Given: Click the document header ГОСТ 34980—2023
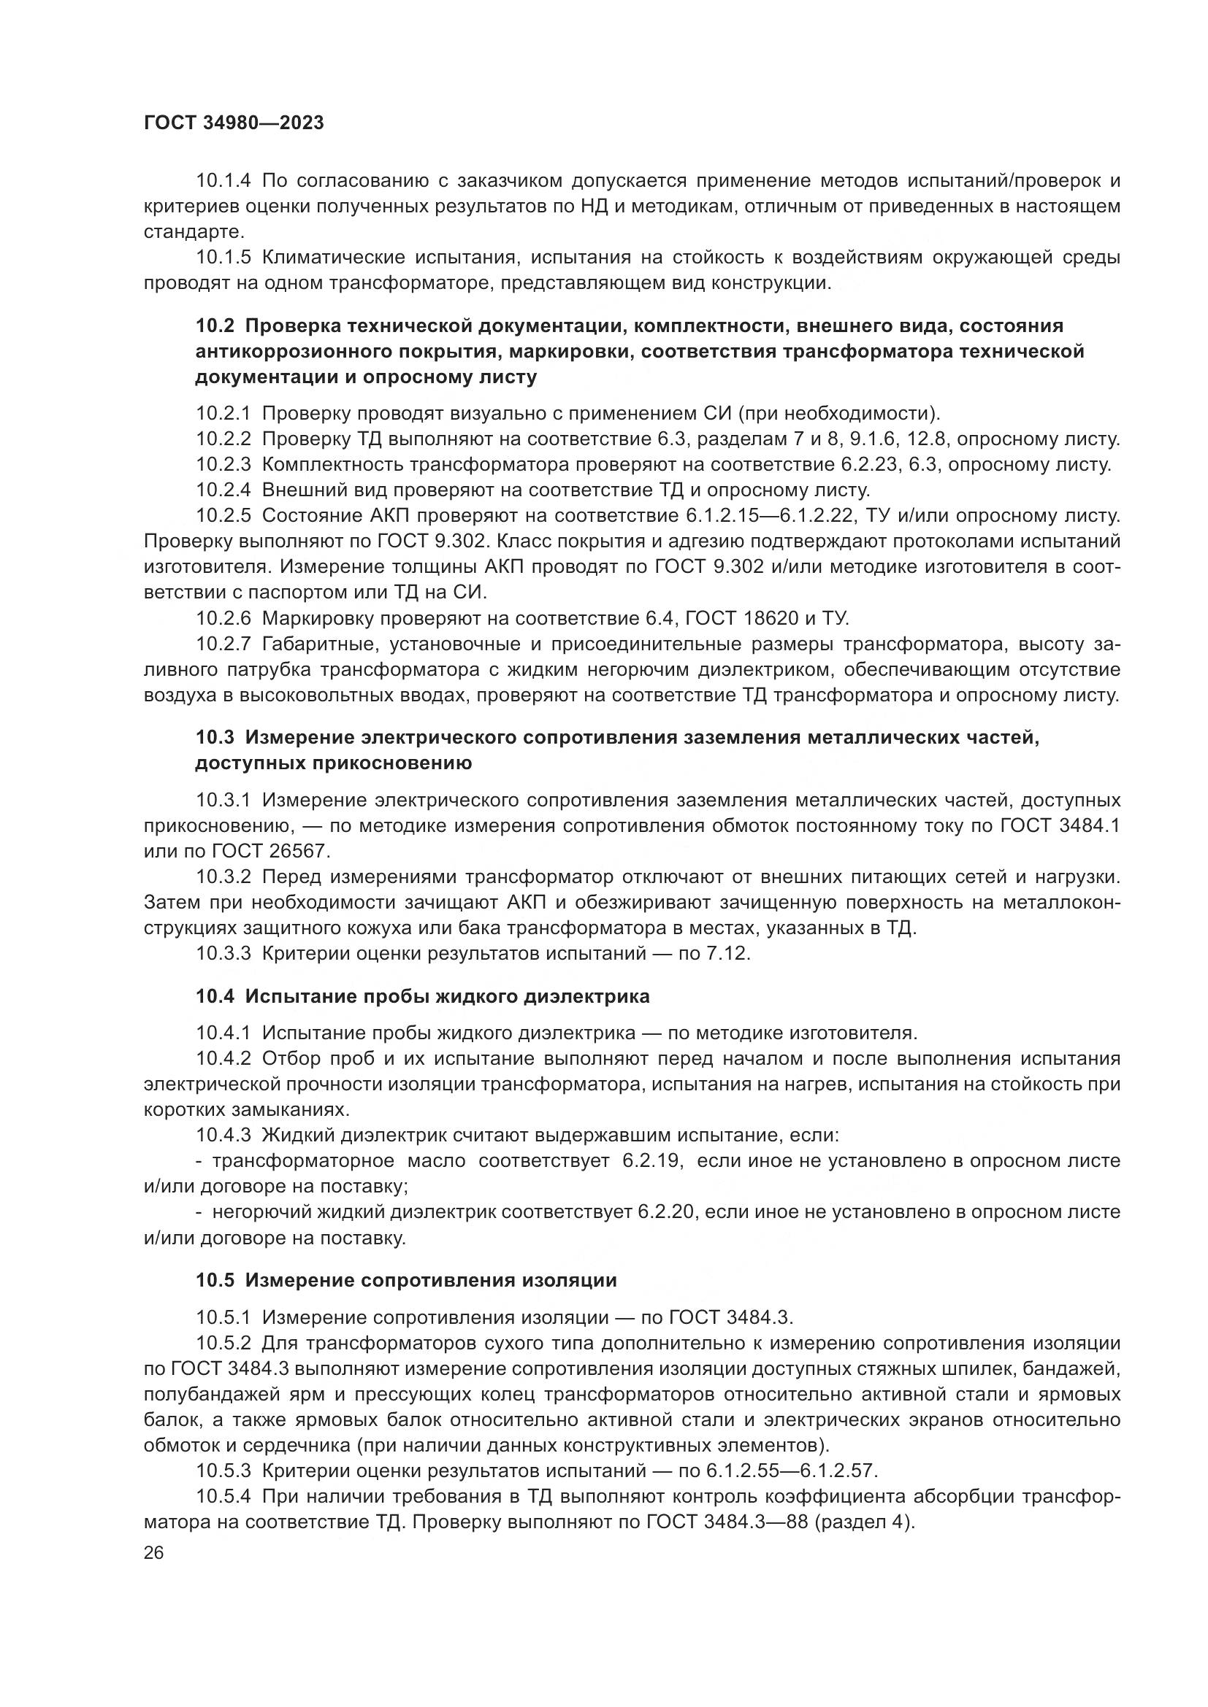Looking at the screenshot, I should [x=234, y=123].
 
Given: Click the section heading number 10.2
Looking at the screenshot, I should [x=215, y=325].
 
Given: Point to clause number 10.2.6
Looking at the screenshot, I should [x=224, y=618].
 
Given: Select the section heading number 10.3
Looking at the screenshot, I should [x=215, y=738].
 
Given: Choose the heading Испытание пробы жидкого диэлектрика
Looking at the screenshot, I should [x=447, y=996].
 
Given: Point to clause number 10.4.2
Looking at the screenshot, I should [x=224, y=1058].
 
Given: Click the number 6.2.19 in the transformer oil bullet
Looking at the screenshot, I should [x=651, y=1160].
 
